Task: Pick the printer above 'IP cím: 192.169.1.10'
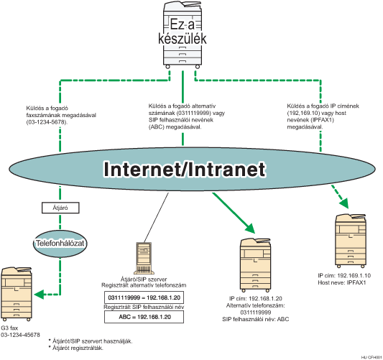pyautogui.click(x=352, y=241)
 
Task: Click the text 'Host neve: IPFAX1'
pyautogui.click(x=341, y=282)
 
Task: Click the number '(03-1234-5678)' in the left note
pyautogui.click(x=44, y=122)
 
